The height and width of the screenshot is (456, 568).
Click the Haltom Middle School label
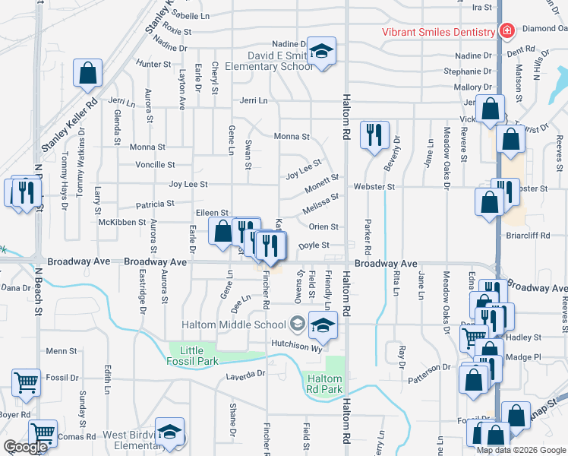pyautogui.click(x=233, y=325)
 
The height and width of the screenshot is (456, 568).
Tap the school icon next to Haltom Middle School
pyautogui.click(x=323, y=325)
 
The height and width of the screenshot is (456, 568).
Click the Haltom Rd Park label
pyautogui.click(x=323, y=384)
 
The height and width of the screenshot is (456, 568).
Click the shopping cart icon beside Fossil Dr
pyautogui.click(x=25, y=384)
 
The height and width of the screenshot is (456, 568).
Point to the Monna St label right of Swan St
pyautogui.click(x=293, y=137)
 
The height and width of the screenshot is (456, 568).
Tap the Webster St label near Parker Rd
pyautogui.click(x=374, y=186)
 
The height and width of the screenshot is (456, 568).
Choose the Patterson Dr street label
pyautogui.click(x=429, y=367)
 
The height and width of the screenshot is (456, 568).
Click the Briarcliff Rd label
pyautogui.click(x=528, y=236)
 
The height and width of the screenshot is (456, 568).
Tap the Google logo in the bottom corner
pyautogui.click(x=25, y=447)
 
